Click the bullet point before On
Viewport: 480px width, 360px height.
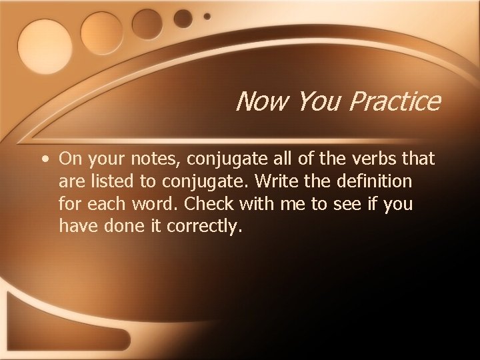[43, 160]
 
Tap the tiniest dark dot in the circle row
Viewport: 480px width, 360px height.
[207, 15]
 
